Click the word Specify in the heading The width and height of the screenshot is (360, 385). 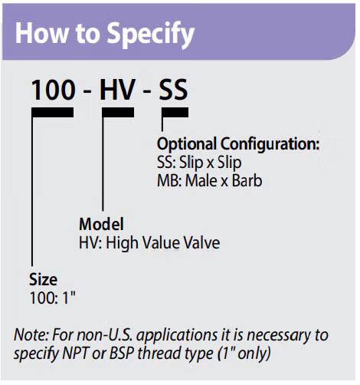(151, 35)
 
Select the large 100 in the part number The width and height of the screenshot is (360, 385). (54, 90)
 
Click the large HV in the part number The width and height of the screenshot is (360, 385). (117, 90)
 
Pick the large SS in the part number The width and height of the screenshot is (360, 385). (174, 90)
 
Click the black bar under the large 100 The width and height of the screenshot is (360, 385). (53, 113)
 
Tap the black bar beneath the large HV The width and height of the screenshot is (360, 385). (118, 113)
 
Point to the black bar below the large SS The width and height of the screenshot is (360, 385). (175, 113)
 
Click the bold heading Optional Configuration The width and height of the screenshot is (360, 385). (238, 144)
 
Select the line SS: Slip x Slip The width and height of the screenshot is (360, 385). (199, 163)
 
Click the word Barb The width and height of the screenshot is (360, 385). (247, 180)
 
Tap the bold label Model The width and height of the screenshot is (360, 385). (101, 224)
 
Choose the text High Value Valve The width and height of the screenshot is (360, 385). (163, 242)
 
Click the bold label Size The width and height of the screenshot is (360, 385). (43, 280)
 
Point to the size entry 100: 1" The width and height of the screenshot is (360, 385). (53, 298)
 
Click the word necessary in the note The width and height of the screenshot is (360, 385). (277, 336)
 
